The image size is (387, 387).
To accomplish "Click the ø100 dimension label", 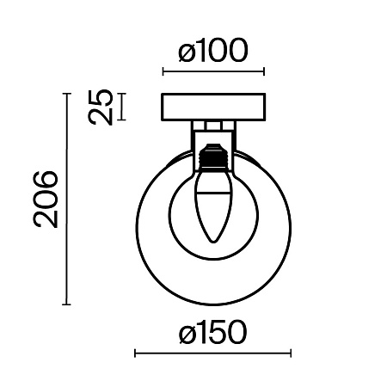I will pos(213,51).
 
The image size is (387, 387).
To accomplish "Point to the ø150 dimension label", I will pos(212,332).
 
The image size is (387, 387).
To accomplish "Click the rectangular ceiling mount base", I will pos(213,107).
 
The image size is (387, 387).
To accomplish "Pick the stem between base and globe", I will pos(213,133).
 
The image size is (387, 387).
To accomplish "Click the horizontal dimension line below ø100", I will pos(213,72).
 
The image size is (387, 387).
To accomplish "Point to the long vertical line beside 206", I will pos(66,199).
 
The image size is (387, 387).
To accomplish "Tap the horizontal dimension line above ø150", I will pos(212,353).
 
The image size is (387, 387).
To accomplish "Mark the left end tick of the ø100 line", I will pos(163,72).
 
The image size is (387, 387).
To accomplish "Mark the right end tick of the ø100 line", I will pos(263,72).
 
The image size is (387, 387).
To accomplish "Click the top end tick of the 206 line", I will pos(66,94).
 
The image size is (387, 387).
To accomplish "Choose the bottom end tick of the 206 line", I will pos(66,304).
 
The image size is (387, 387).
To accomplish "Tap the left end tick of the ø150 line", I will pos(136,353).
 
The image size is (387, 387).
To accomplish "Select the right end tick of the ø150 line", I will pos(291,353).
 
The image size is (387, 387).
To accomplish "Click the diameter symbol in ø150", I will pos(187,333).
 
